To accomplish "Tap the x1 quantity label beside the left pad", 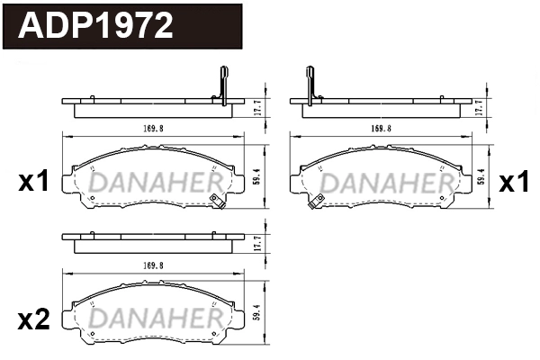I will [x=33, y=184].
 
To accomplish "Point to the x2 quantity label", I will [x=33, y=320].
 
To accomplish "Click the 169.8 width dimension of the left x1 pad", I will [x=150, y=129].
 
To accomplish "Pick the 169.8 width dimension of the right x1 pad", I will [x=381, y=129].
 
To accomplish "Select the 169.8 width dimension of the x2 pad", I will [x=150, y=265].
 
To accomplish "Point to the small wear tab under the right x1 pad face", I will [x=314, y=203].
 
